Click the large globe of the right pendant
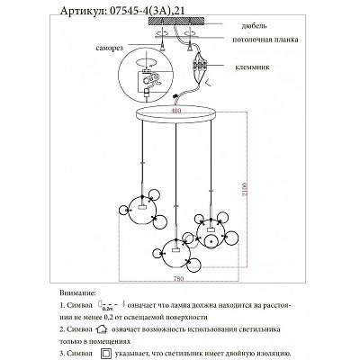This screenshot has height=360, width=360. tap(212, 231)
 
